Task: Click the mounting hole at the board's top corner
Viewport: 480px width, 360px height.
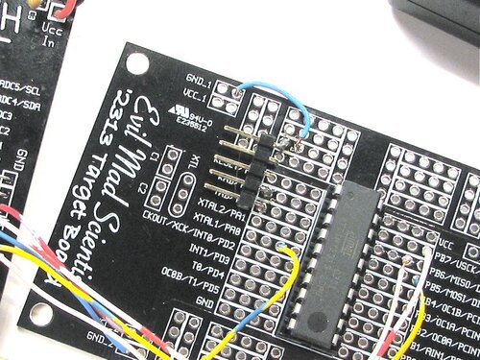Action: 137,63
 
